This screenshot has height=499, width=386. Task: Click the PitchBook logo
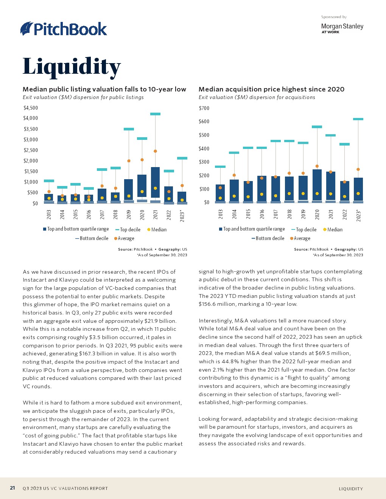coord(64,29)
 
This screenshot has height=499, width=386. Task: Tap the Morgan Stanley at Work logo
coord(342,28)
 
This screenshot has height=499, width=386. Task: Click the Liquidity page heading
coord(72,67)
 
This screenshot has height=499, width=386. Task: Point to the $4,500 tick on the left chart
coord(31,108)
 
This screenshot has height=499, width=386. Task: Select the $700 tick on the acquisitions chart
coord(204,108)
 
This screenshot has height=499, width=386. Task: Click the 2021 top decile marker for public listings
coord(155,114)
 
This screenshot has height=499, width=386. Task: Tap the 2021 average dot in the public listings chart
coord(155,151)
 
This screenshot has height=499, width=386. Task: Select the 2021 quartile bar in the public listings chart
coord(155,182)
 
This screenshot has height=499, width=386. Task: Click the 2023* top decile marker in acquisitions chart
coord(358,119)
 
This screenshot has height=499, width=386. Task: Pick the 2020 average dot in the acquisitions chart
coord(317,166)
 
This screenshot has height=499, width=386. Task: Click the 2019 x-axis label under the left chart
coord(129,214)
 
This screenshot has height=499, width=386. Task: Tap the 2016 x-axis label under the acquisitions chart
coord(262,214)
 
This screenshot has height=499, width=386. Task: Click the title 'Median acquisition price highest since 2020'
coord(271,89)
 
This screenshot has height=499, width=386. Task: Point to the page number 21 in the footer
coord(12,488)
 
